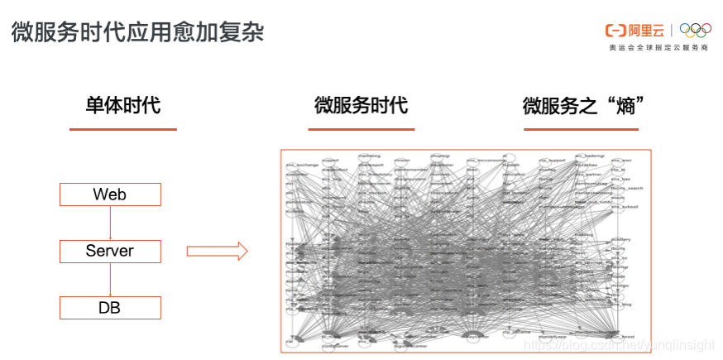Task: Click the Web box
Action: pos(110,194)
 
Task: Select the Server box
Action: pos(110,252)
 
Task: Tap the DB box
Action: pos(110,308)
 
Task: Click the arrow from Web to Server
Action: pos(110,223)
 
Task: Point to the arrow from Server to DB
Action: pos(110,280)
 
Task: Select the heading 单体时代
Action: pos(122,106)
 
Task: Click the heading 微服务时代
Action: pos(361,106)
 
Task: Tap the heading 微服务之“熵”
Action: pos(584,106)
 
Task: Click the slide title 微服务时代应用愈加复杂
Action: pos(137,32)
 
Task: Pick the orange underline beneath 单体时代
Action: pos(122,129)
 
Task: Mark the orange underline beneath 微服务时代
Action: pos(361,129)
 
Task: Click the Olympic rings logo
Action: pos(695,31)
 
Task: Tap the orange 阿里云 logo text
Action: pos(646,31)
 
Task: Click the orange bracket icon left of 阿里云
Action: pos(615,31)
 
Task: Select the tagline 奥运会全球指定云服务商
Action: pos(658,48)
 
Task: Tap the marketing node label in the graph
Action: pos(369,155)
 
